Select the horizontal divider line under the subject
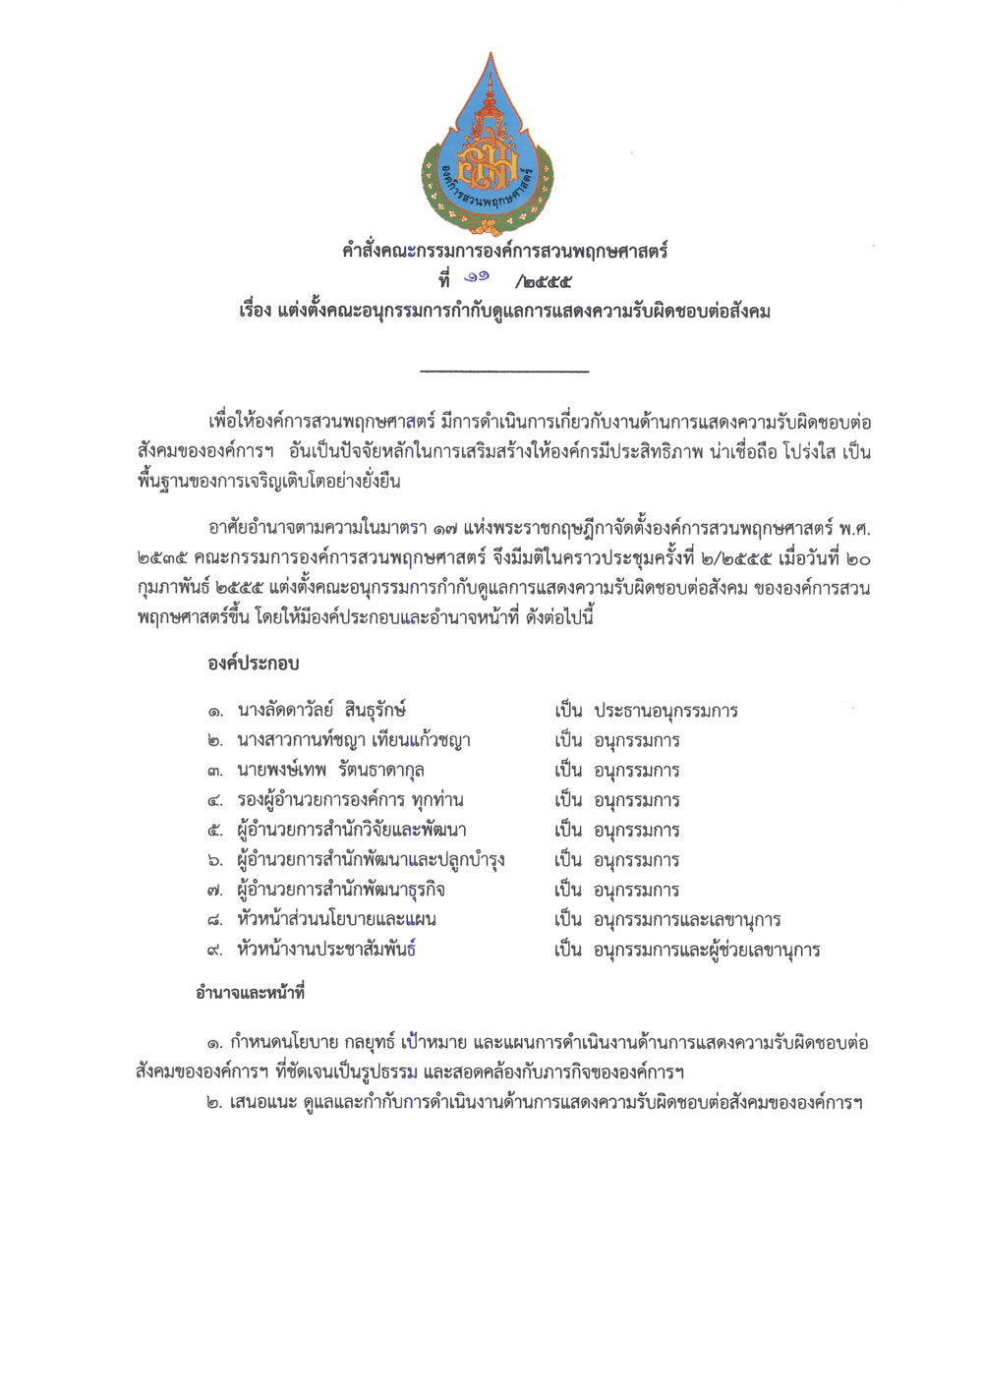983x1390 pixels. point(504,371)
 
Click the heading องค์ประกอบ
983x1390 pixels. point(253,664)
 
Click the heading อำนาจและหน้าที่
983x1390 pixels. point(250,993)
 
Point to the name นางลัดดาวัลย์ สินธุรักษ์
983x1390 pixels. point(321,710)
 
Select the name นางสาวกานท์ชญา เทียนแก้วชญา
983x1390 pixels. point(354,740)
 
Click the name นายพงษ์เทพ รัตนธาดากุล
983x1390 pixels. point(330,770)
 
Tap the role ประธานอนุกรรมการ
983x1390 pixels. point(665,711)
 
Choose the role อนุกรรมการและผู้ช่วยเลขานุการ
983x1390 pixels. point(707,951)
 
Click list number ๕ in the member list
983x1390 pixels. point(215,831)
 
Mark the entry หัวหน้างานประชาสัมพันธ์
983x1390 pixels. point(326,951)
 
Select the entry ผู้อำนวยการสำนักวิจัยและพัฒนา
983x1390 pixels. point(352,831)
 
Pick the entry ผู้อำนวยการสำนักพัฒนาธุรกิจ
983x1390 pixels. point(341,891)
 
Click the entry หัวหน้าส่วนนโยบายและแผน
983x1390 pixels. point(336,920)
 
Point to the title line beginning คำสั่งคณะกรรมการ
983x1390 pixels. point(504,251)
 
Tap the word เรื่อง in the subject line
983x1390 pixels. point(255,312)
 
